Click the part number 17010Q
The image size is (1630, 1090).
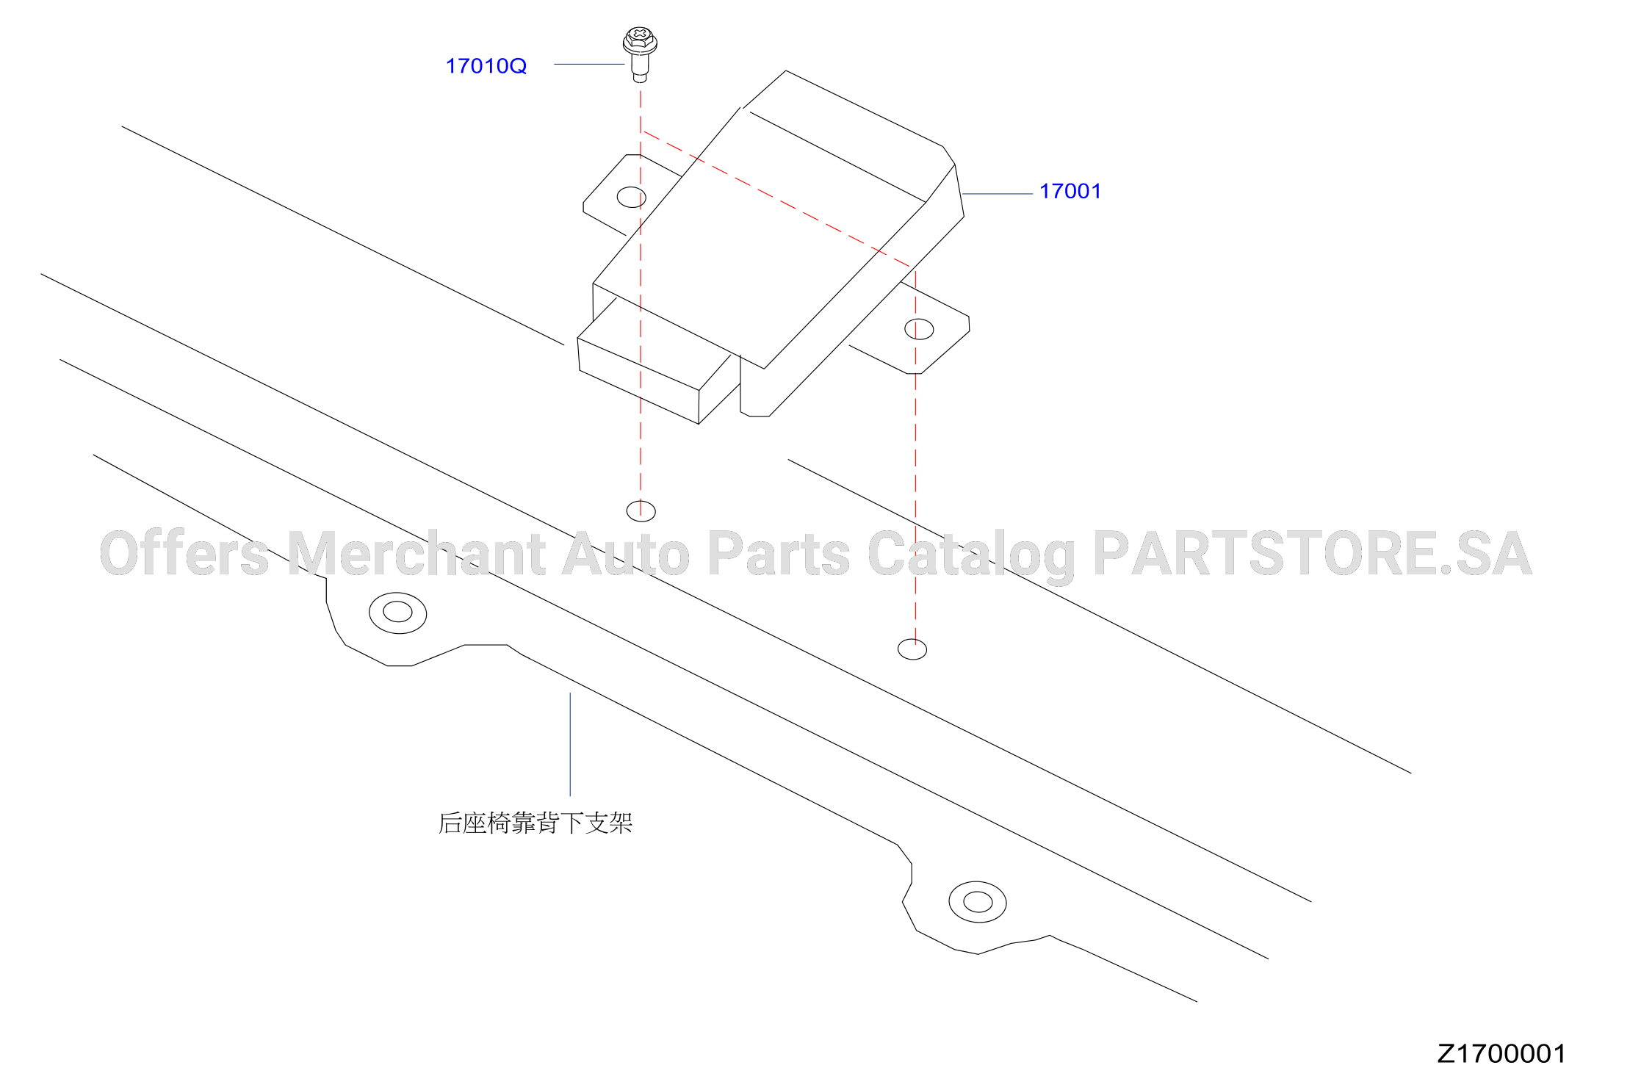486,66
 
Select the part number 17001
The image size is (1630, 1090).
1070,191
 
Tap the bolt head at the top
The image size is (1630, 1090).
640,40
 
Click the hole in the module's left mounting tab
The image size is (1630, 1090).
632,197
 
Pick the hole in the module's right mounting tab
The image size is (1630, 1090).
919,329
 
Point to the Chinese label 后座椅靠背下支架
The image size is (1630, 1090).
535,823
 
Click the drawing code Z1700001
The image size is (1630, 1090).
1501,1053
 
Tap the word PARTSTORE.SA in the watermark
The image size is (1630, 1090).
1312,553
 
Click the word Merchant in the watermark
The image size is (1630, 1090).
416,553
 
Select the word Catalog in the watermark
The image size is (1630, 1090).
971,556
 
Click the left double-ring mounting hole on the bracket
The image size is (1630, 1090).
397,613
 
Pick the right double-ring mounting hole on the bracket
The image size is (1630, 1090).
978,902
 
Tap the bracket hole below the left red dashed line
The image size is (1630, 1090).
641,510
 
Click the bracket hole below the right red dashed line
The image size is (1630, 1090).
912,649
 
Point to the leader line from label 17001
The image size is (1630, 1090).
998,194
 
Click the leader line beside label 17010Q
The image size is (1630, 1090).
589,64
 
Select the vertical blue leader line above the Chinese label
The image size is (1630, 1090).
570,744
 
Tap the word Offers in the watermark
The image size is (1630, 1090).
184,553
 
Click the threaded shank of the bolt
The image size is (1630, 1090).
640,68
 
